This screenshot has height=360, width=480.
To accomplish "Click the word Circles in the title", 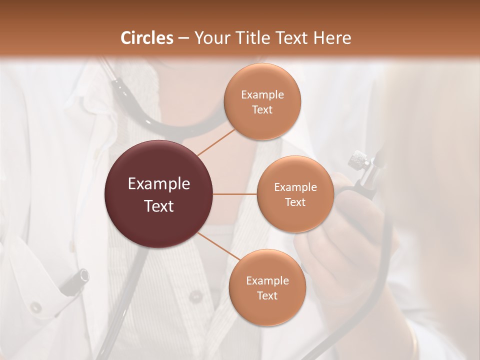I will click(147, 38).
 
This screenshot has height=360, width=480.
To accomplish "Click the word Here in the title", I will click(332, 38).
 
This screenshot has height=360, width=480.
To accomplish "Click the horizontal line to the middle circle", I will click(235, 194).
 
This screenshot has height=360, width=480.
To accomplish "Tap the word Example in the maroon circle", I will click(159, 184).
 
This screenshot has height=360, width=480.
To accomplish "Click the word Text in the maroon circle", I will click(159, 206).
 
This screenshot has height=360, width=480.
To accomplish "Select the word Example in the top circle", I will click(262, 94).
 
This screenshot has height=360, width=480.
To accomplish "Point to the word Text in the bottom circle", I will click(267, 295).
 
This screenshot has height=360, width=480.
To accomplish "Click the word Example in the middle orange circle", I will click(295, 187).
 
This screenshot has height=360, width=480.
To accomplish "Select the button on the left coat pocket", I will click(35, 306).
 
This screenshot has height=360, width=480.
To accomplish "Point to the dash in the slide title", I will click(183, 38).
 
